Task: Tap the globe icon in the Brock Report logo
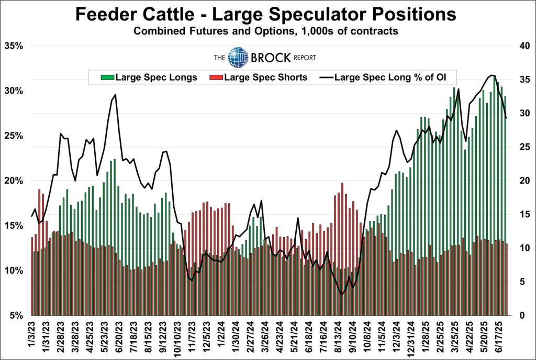click(239, 58)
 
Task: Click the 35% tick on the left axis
click(14, 46)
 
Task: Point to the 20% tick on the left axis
click(14, 181)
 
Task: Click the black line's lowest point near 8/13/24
click(342, 295)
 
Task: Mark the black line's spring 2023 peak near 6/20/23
click(115, 95)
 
